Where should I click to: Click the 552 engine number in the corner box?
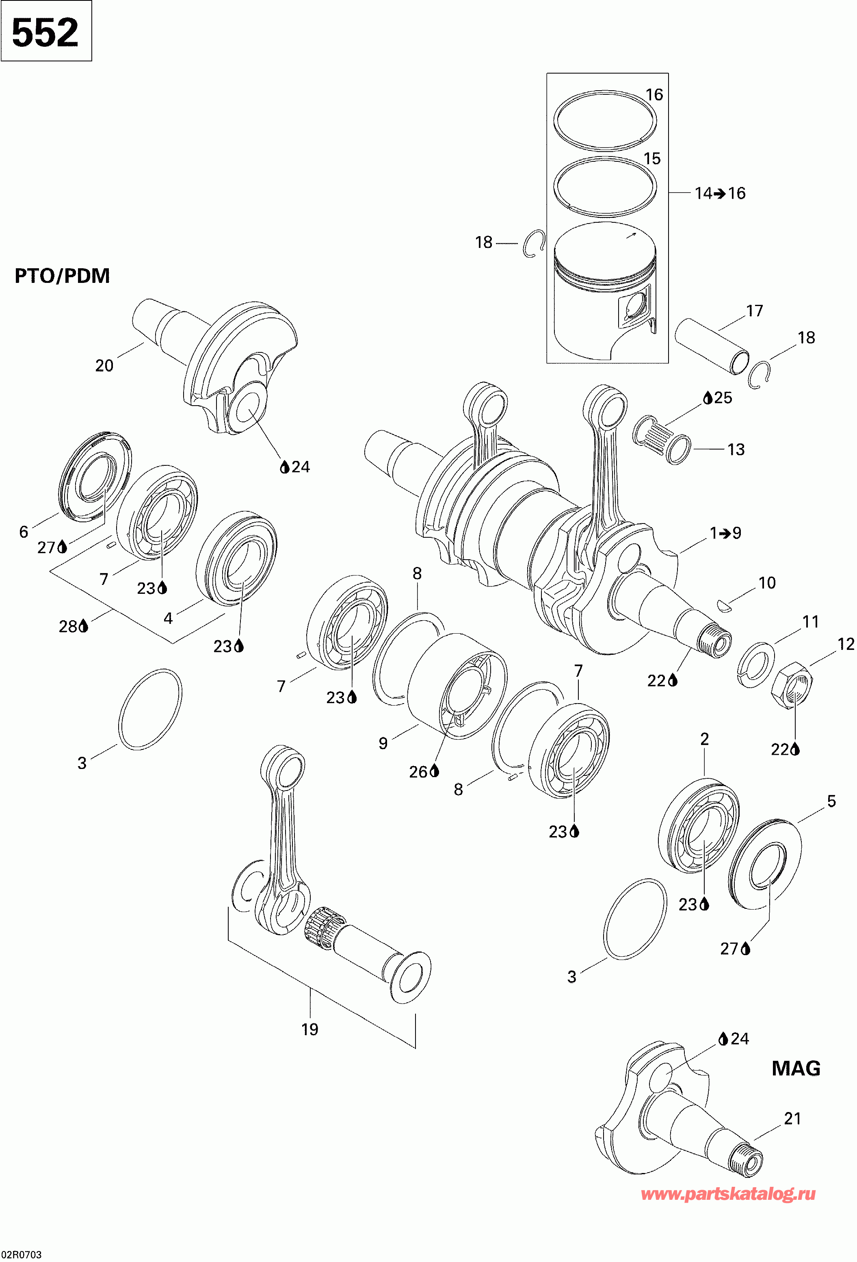45,33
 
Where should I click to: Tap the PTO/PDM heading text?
62,276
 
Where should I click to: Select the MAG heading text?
796,1068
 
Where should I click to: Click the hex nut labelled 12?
792,685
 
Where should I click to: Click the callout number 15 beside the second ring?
652,159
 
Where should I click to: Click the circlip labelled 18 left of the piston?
534,243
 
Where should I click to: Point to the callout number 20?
104,365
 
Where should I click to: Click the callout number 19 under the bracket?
310,1029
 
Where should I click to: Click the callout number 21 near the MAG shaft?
792,1118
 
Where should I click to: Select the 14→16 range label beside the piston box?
720,193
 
